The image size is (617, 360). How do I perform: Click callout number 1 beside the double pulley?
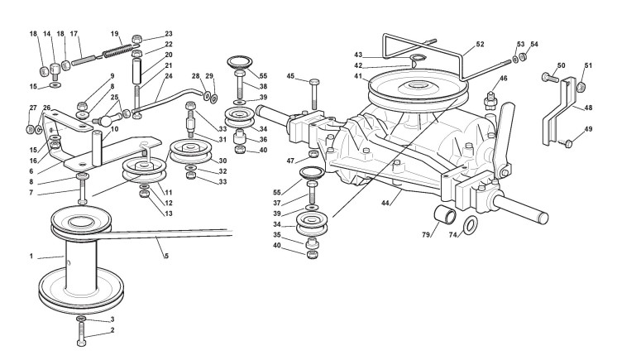(x=32, y=257)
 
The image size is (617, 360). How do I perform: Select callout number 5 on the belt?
(x=166, y=256)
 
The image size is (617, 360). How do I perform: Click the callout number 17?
(x=74, y=34)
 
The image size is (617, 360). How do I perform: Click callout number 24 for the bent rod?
(x=168, y=76)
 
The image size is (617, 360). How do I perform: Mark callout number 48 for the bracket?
(x=588, y=107)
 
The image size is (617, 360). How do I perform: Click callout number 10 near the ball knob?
(x=113, y=129)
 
